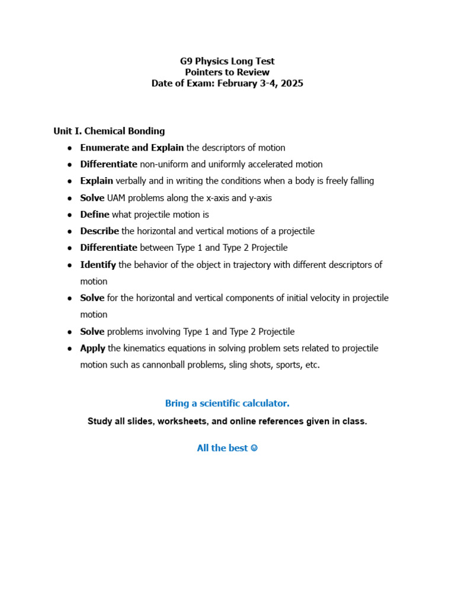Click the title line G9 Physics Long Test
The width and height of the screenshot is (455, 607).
[227, 61]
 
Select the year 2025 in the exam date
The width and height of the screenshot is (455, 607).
[292, 84]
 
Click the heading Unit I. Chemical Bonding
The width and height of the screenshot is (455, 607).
[109, 131]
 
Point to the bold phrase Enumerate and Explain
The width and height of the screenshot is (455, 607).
[132, 148]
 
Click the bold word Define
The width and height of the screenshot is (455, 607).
[95, 215]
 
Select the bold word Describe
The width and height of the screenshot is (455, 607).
[100, 231]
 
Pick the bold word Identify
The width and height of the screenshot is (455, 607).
[98, 265]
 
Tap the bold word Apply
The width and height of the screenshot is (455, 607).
[92, 349]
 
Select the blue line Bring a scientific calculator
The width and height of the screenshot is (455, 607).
[227, 404]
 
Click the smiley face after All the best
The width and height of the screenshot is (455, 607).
[254, 448]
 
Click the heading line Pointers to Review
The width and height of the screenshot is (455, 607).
[227, 72]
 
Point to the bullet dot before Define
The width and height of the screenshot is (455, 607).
[69, 215]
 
